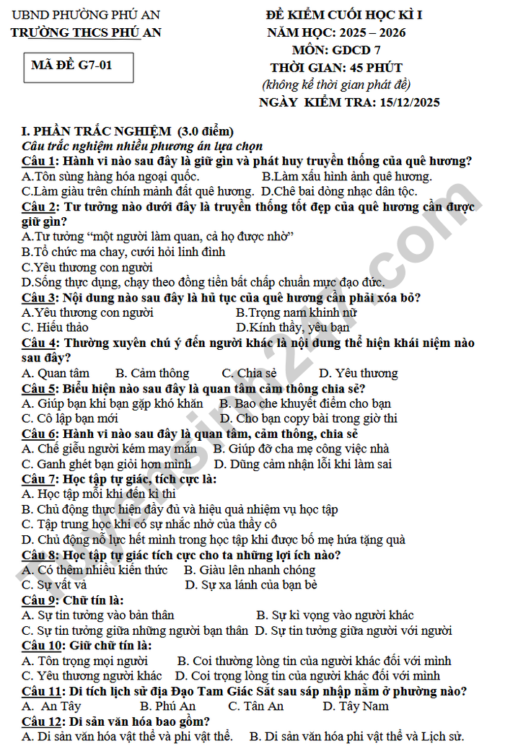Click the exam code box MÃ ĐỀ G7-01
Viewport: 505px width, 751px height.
click(x=71, y=65)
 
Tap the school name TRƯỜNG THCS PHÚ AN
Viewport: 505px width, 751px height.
click(x=86, y=32)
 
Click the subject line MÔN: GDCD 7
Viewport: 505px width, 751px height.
click(x=336, y=50)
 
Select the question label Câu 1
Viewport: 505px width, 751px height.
click(x=38, y=161)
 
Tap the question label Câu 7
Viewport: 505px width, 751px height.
click(x=38, y=478)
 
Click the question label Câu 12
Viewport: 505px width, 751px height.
click(x=41, y=721)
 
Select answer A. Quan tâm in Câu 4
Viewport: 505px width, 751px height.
click(x=56, y=373)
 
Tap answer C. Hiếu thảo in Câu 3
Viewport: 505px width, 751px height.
click(x=56, y=328)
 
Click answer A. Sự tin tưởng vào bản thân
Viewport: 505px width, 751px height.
click(x=97, y=615)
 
